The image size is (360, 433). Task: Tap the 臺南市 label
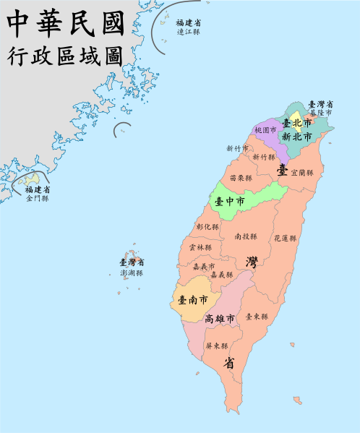193,299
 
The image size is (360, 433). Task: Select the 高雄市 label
220,319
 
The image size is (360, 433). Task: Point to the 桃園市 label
266,131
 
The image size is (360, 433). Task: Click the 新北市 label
296,136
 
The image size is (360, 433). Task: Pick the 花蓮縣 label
285,238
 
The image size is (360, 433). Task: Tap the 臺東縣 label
257,317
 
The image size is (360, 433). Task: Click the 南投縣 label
247,236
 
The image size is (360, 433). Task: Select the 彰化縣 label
207,227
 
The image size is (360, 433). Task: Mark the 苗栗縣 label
241,178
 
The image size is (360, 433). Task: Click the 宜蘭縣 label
302,173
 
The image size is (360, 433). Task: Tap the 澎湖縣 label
132,273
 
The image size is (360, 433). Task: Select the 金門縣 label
37,198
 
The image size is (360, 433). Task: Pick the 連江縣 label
187,32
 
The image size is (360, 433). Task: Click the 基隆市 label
320,113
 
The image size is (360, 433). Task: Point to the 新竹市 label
237,148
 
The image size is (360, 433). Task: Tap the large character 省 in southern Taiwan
228,364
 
